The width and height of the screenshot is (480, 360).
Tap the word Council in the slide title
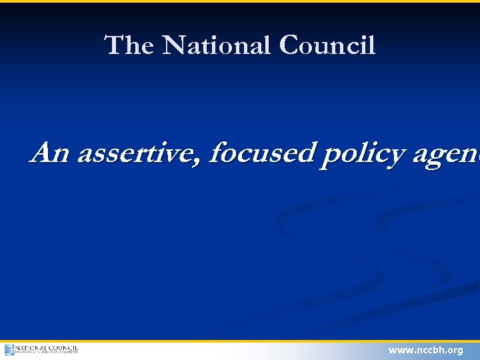click(327, 45)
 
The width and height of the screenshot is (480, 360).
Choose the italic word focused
click(261, 153)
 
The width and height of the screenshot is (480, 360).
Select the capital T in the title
click(113, 45)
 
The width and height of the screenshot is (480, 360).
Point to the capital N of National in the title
click(175, 45)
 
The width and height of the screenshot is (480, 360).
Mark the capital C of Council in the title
click(290, 45)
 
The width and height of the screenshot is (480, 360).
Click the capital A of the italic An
click(42, 153)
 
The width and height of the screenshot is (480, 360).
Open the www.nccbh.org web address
click(425, 350)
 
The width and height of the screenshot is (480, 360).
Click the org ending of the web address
click(455, 351)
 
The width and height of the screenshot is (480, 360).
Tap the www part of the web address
click(401, 350)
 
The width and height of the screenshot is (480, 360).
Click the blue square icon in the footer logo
click(9, 350)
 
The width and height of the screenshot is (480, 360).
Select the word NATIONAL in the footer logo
click(31, 347)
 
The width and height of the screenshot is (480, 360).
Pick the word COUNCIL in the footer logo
click(63, 347)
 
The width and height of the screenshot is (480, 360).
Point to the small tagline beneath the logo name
click(47, 353)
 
